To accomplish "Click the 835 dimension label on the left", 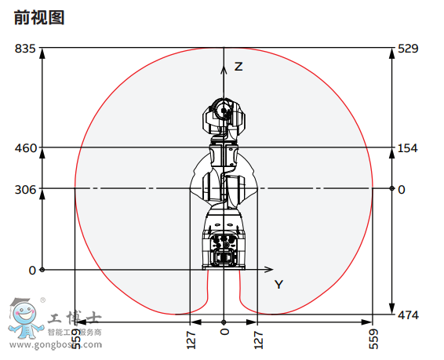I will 25,49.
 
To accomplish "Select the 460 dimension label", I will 25,147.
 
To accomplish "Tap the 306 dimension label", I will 25,189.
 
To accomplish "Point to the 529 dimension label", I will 408,49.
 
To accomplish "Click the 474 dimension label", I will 408,315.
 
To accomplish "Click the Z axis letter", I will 238,67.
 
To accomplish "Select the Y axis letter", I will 278,284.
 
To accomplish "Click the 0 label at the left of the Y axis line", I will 32,270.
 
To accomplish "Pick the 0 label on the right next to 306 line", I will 402,189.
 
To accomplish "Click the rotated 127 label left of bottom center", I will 191,338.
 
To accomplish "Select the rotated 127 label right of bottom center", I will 258,338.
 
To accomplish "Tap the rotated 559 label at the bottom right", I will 373,338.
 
